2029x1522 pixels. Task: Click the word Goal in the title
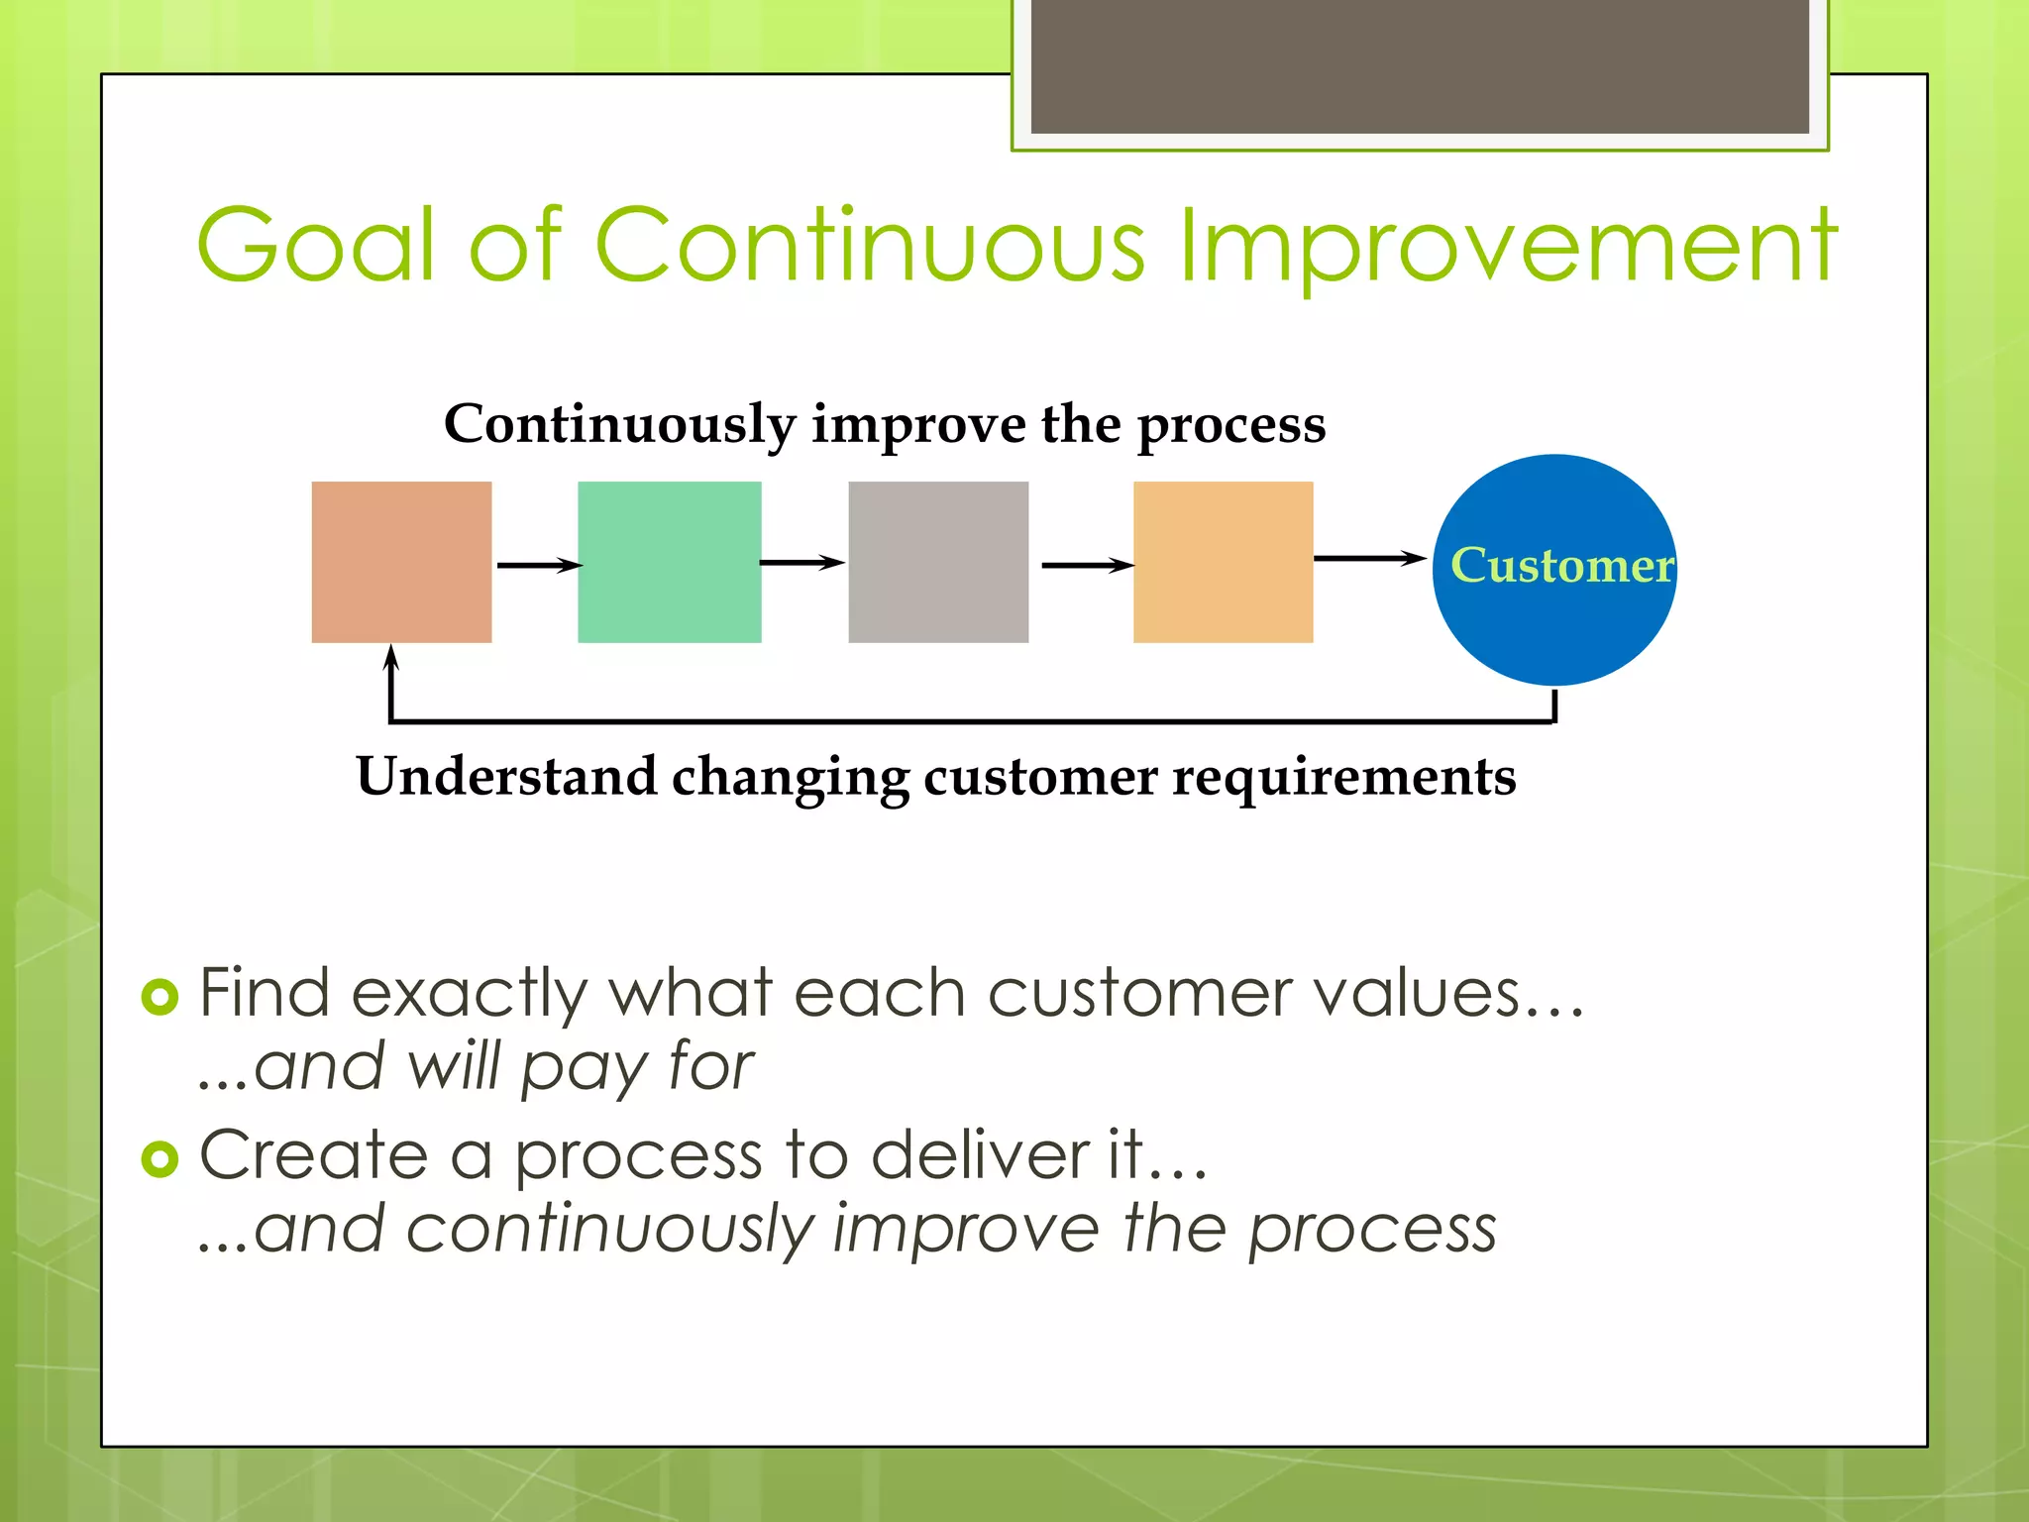[x=315, y=245]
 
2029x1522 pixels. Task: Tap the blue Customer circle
[x=1553, y=604]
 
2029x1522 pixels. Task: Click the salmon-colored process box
[x=401, y=562]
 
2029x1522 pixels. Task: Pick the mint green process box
[x=669, y=562]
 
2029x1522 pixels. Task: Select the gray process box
[x=937, y=562]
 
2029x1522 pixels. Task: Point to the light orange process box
[x=1223, y=562]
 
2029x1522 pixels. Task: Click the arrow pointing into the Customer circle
[x=1370, y=559]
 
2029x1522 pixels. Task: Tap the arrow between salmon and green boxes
[x=538, y=565]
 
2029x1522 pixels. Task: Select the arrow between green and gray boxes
[x=802, y=563]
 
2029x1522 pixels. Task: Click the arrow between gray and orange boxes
[x=1087, y=565]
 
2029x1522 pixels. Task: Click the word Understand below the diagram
[x=505, y=776]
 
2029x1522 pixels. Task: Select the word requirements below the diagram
[x=1343, y=778]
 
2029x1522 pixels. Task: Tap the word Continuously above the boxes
[x=619, y=424]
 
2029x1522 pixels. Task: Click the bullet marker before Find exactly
[x=160, y=996]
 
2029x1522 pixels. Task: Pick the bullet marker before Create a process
[x=160, y=1157]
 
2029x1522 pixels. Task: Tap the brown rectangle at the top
[x=1420, y=65]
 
